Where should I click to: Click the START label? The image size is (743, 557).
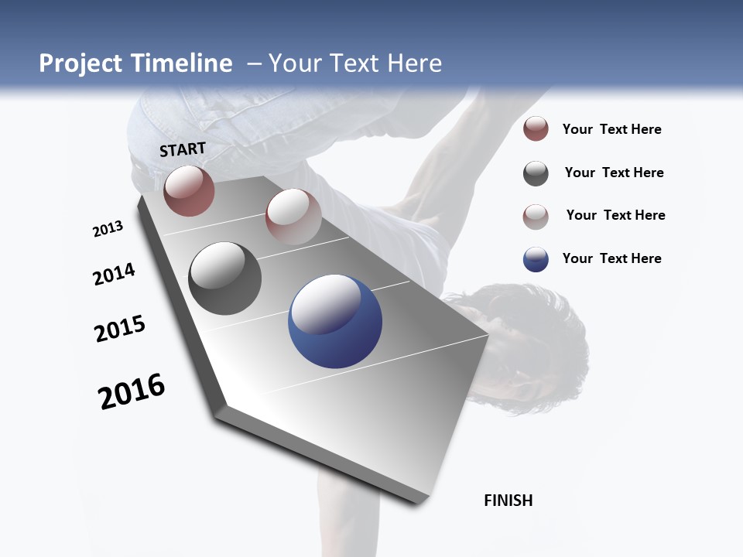pos(183,149)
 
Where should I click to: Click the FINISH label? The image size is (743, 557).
pos(508,501)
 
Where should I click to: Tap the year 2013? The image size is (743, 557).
pos(108,229)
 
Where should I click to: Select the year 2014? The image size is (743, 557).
pos(115,274)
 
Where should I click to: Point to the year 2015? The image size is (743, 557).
pos(120,329)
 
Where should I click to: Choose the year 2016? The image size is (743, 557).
pos(132,391)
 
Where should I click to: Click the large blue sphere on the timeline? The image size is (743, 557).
pos(335,321)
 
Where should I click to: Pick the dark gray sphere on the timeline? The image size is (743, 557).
pos(225,278)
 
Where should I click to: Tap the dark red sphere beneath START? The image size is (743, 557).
pos(189,190)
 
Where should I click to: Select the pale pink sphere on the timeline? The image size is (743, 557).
pos(293,217)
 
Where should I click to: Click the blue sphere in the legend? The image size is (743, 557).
pos(536,259)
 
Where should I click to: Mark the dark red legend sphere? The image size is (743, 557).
pos(536,129)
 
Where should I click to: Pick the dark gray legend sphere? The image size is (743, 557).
pos(536,173)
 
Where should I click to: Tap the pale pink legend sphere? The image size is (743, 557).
pos(536,217)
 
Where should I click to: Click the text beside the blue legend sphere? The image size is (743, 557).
pos(611,258)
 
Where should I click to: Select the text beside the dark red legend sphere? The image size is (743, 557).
pos(611,129)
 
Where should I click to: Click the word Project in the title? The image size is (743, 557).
pos(80,63)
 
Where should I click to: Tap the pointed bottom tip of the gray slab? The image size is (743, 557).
pos(418,501)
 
